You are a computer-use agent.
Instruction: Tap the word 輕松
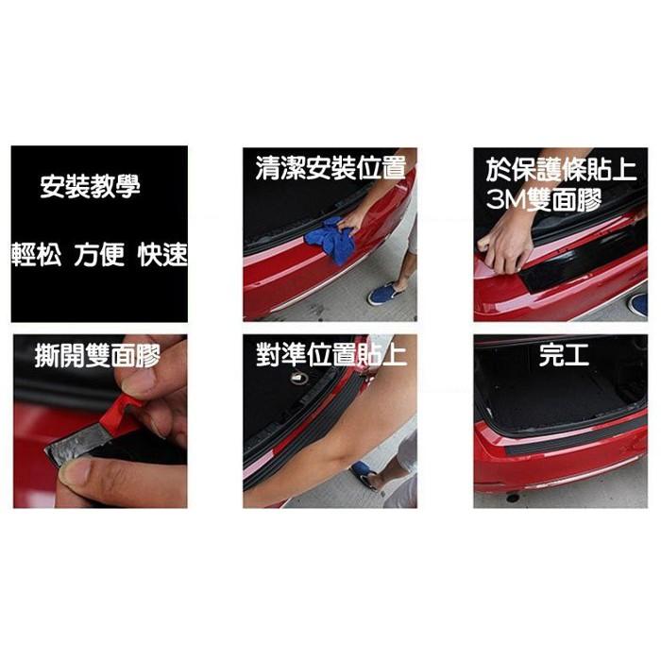pyautogui.click(x=36, y=255)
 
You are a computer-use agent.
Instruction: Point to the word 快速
pyautogui.click(x=161, y=255)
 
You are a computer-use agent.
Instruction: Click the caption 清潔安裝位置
pyautogui.click(x=330, y=169)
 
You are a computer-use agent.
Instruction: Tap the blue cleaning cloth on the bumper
pyautogui.click(x=331, y=241)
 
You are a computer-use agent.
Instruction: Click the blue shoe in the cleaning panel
pyautogui.click(x=383, y=294)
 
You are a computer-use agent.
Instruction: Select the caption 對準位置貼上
pyautogui.click(x=330, y=355)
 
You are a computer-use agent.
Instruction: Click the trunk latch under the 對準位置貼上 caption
pyautogui.click(x=300, y=379)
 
